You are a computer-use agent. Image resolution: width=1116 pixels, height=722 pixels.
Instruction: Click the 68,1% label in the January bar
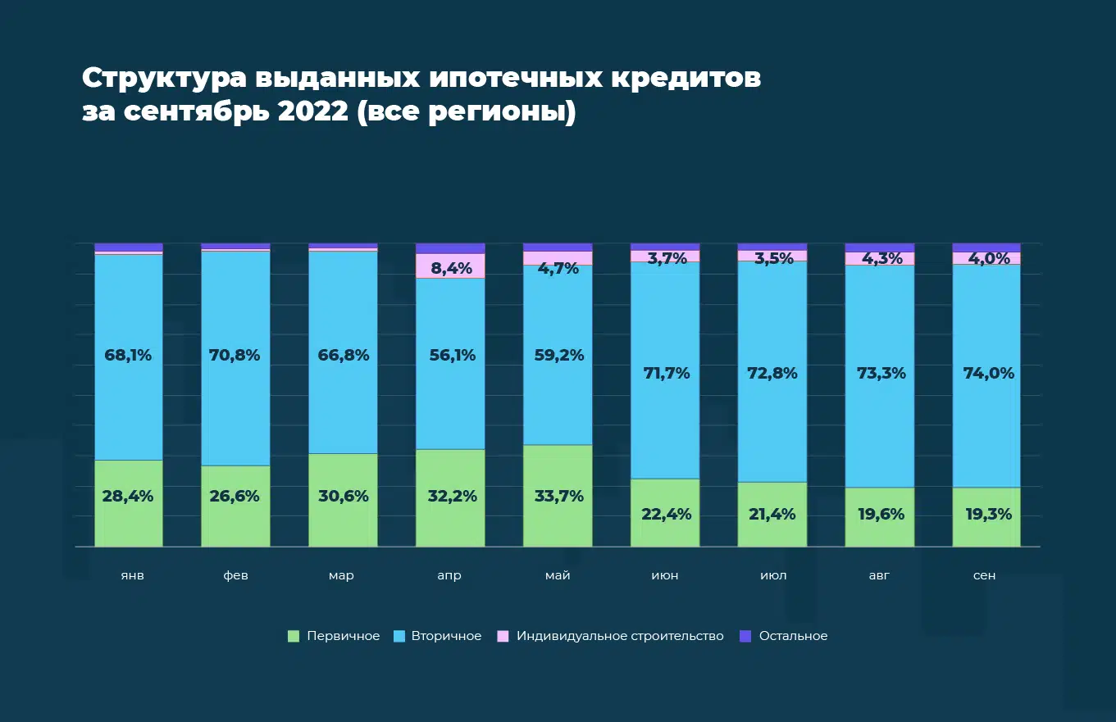point(128,356)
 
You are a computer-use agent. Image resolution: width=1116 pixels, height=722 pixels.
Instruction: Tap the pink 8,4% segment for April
point(450,266)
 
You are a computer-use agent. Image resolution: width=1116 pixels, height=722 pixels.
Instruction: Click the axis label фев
point(235,575)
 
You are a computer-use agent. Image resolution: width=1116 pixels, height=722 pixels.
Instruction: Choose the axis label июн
point(665,575)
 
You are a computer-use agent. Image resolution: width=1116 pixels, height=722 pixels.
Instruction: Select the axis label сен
point(985,575)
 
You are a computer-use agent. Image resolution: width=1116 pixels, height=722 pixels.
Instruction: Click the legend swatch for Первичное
point(294,636)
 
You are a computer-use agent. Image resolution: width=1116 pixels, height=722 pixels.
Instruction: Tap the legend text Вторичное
point(446,636)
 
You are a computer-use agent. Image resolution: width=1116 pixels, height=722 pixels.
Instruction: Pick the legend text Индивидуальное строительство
point(620,636)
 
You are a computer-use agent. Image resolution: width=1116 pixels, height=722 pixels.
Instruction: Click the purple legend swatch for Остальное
point(745,636)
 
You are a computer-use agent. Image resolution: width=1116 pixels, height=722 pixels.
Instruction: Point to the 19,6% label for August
point(879,515)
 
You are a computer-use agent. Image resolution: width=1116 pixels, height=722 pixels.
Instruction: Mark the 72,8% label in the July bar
point(772,374)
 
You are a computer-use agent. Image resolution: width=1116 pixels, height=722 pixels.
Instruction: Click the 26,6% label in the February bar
point(235,496)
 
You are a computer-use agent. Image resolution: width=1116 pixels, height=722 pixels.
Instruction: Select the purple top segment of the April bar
point(450,248)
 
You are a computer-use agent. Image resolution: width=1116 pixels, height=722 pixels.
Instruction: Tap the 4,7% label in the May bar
point(558,267)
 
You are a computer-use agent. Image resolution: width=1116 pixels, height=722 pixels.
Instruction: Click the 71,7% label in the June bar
point(665,374)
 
